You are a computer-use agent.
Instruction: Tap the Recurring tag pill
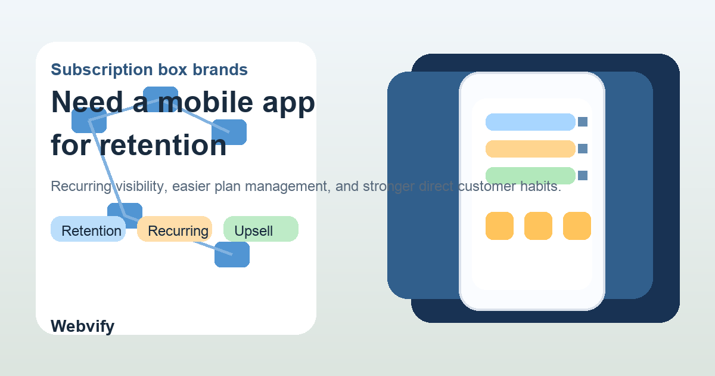175,230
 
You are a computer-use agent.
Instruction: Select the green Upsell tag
260,230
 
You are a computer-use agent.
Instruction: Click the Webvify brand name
82,326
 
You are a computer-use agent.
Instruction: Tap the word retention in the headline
162,145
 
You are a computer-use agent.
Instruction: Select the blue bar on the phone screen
530,122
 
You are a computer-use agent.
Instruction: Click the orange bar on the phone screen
530,149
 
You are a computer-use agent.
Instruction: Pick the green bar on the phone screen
530,175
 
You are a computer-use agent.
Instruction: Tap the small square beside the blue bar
583,122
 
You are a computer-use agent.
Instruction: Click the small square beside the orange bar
583,149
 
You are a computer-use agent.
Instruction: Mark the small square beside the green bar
583,175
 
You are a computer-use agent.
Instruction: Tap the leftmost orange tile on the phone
499,226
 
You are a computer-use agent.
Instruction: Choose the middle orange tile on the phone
538,226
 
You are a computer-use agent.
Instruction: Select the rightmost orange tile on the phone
577,226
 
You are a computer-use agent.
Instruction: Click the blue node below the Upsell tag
232,255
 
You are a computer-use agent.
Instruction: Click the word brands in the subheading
220,70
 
